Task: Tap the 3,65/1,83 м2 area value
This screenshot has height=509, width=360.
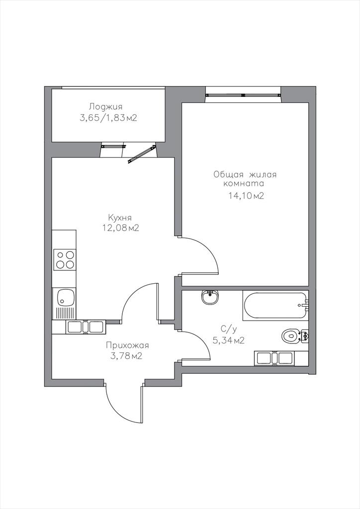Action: click(x=108, y=118)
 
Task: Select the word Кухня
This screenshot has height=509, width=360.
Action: click(x=120, y=218)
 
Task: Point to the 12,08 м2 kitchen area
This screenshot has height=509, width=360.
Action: click(x=121, y=228)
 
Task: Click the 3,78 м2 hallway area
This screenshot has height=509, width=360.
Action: click(x=127, y=356)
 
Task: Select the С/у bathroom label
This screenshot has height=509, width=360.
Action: click(x=229, y=329)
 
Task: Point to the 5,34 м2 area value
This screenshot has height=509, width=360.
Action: click(x=229, y=340)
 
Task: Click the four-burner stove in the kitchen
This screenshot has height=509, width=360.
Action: click(x=65, y=259)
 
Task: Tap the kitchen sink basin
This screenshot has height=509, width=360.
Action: click(x=65, y=298)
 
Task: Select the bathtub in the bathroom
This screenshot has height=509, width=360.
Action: click(x=275, y=306)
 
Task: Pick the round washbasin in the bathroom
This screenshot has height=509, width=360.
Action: click(x=210, y=297)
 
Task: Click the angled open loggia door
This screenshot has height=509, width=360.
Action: click(x=141, y=154)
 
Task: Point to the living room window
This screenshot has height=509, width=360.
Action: click(x=243, y=95)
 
